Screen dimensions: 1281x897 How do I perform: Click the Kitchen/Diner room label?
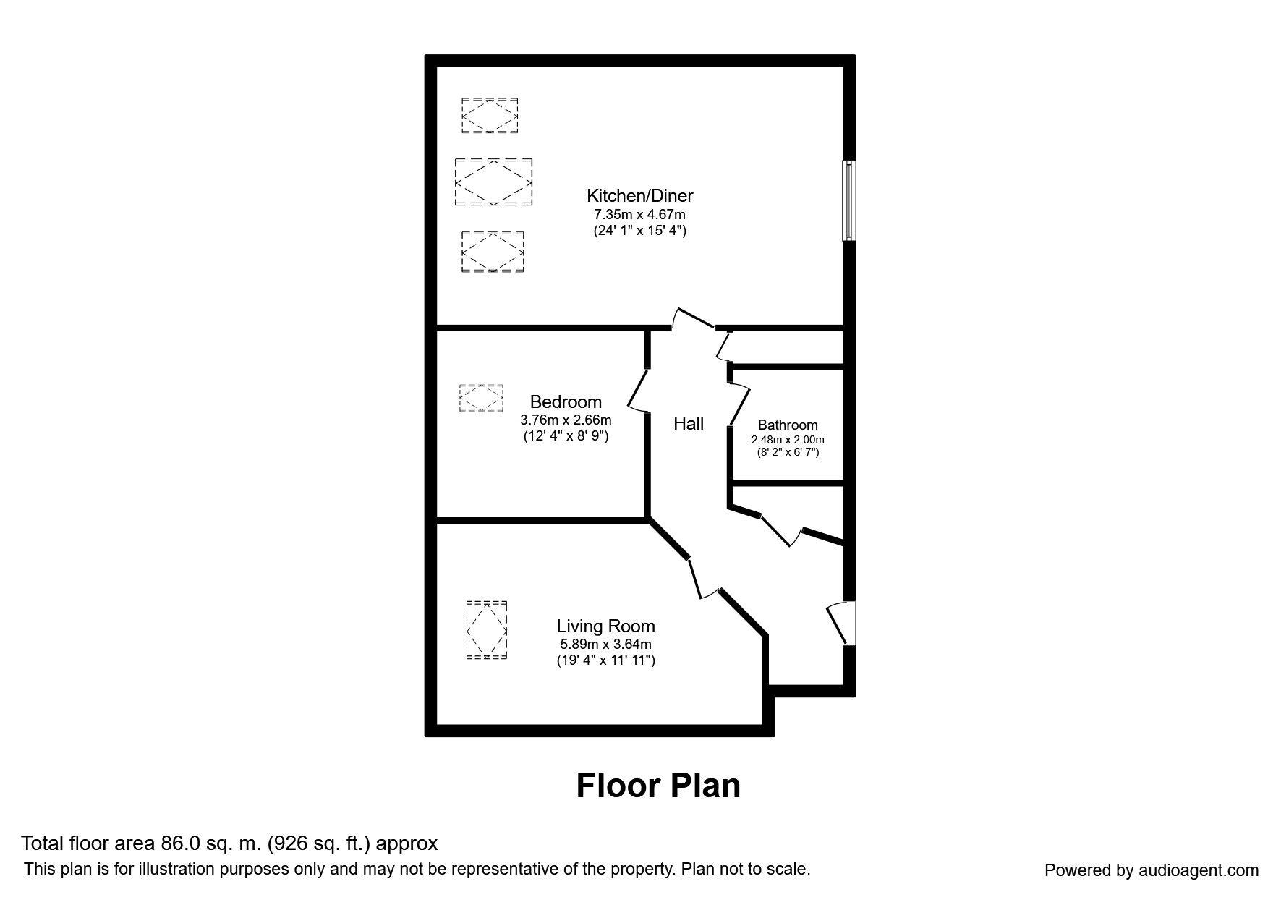point(639,195)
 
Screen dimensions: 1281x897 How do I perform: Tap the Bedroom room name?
point(566,401)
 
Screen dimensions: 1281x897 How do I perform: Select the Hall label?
point(689,424)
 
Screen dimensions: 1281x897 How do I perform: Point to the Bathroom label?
point(788,425)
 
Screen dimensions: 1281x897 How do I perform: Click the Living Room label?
point(605,626)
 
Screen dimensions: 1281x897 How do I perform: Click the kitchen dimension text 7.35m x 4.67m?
point(639,215)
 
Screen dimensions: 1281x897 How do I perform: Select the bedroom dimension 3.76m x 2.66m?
point(566,420)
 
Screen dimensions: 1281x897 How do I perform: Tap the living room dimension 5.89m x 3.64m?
point(605,645)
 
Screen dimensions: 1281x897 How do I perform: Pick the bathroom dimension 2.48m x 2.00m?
point(788,440)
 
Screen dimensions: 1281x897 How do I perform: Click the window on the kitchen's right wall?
point(849,200)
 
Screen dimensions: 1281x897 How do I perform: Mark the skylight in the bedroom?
point(481,398)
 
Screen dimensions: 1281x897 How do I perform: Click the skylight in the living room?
point(487,630)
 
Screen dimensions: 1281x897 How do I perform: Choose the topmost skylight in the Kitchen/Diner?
point(490,116)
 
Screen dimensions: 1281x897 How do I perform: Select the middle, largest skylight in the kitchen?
point(493,182)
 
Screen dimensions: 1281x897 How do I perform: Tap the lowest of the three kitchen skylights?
point(493,252)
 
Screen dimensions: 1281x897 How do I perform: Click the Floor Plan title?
point(658,786)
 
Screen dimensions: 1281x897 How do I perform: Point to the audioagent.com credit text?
point(1152,870)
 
